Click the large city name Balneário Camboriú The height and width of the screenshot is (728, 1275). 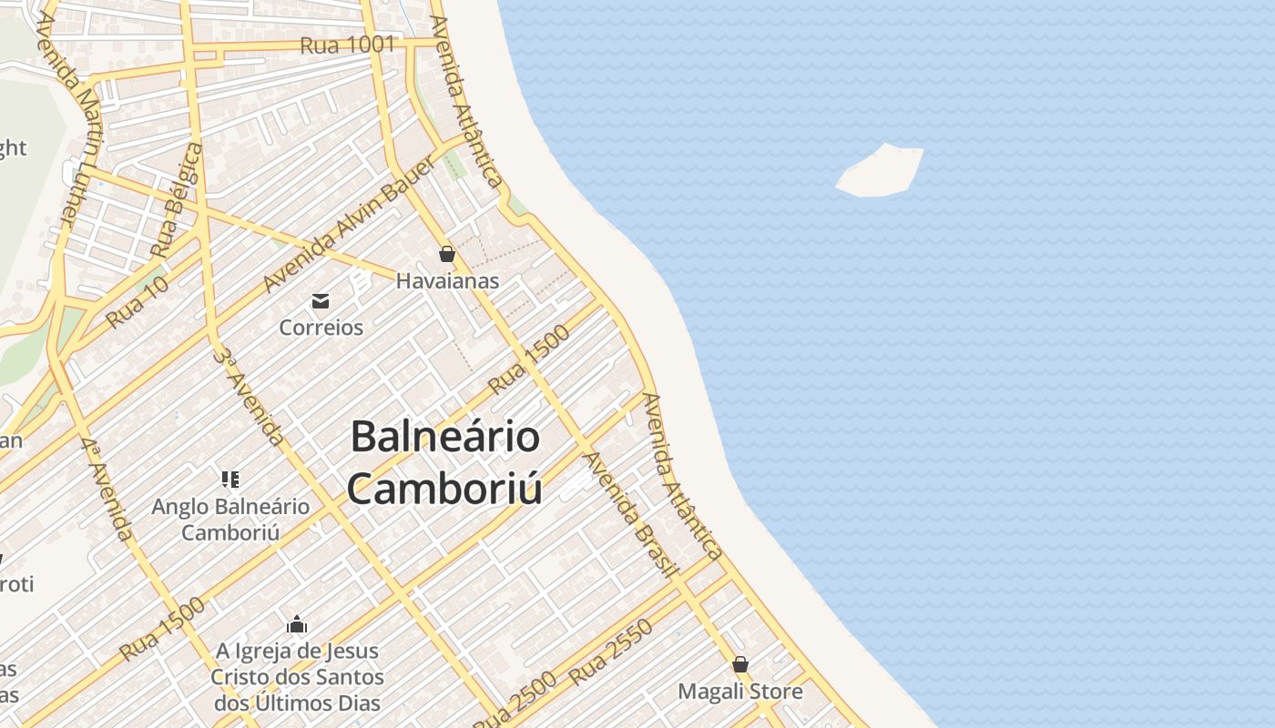[x=445, y=462]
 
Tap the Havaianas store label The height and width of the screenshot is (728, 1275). [x=447, y=281]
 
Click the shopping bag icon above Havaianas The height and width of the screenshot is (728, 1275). [x=447, y=254]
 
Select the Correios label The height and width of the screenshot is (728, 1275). [x=321, y=328]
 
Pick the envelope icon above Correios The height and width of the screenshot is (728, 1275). [x=321, y=301]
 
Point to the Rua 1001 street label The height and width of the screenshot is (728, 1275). [x=348, y=45]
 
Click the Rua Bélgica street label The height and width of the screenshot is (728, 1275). [x=177, y=200]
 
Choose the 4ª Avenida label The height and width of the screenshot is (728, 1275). [x=107, y=488]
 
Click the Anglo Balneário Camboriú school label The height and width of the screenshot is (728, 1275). [x=230, y=520]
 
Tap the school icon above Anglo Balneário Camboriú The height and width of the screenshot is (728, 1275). [x=230, y=479]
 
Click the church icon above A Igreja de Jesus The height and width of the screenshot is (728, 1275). [x=297, y=624]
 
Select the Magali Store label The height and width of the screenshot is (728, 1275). [x=740, y=692]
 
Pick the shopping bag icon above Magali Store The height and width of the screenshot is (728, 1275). [x=740, y=664]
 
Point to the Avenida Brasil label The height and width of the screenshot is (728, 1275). [x=632, y=515]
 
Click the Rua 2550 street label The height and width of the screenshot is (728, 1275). [x=611, y=652]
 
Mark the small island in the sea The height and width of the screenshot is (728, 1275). [x=879, y=171]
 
